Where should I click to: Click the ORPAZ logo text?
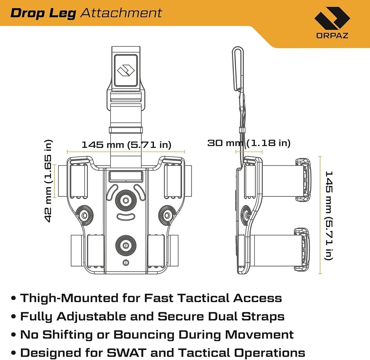[332, 35]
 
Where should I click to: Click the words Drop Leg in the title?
[43, 13]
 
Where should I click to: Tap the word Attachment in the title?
[121, 13]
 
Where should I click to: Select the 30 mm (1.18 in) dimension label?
[249, 143]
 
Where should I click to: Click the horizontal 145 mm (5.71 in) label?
[126, 144]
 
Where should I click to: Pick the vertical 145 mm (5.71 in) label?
[329, 216]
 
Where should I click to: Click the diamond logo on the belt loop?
[126, 70]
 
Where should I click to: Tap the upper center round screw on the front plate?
[126, 200]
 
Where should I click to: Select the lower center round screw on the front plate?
[126, 246]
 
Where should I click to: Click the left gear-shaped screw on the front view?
[84, 215]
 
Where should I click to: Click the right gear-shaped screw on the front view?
[167, 215]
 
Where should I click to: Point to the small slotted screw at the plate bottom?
[126, 263]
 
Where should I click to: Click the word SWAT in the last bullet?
[127, 353]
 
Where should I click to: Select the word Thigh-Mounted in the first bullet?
[69, 298]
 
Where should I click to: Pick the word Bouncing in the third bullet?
[144, 335]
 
